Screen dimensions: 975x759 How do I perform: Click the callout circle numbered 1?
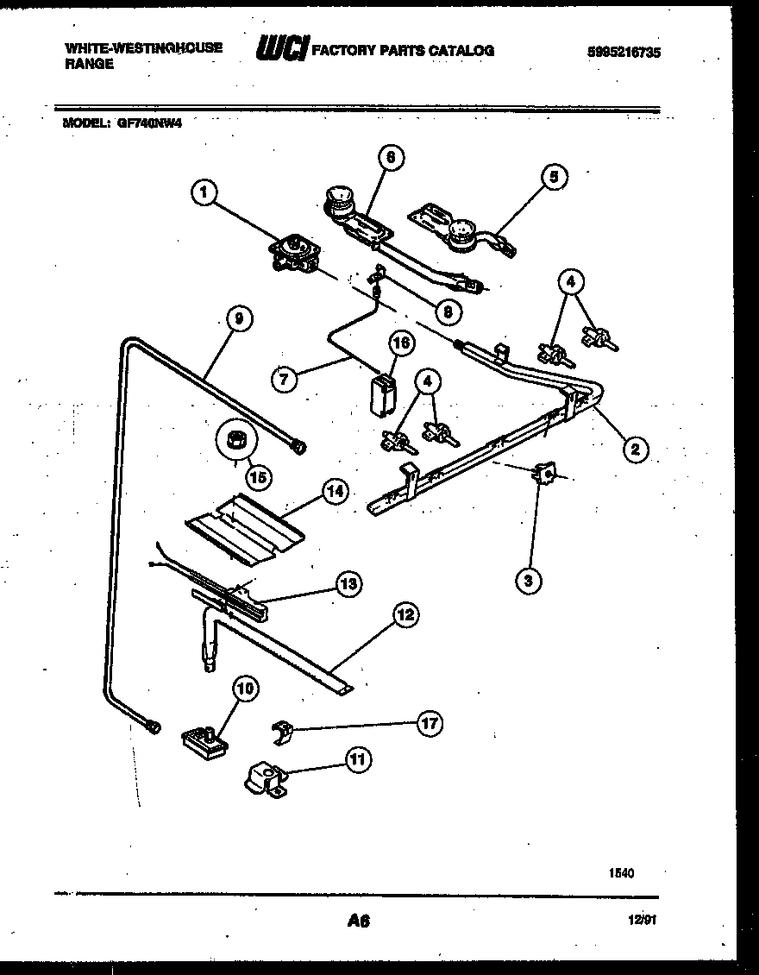pyautogui.click(x=204, y=193)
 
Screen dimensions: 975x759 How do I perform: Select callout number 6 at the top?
pyautogui.click(x=391, y=157)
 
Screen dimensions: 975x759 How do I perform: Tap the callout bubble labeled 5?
pyautogui.click(x=554, y=177)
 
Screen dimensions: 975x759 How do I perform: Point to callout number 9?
pyautogui.click(x=239, y=318)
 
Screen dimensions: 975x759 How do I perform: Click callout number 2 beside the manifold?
pyautogui.click(x=634, y=448)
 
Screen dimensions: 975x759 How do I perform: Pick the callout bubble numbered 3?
pyautogui.click(x=529, y=581)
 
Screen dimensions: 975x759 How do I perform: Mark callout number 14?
pyautogui.click(x=334, y=491)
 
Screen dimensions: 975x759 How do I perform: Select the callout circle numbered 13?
pyautogui.click(x=348, y=583)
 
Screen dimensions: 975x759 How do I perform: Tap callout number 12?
pyautogui.click(x=405, y=614)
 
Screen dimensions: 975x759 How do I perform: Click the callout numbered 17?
pyautogui.click(x=429, y=724)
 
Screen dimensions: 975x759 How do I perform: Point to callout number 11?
pyautogui.click(x=355, y=759)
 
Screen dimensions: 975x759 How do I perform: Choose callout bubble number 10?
pyautogui.click(x=245, y=689)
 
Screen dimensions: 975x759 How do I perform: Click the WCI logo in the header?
pyautogui.click(x=280, y=50)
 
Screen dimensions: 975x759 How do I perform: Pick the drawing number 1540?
pyautogui.click(x=622, y=873)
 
